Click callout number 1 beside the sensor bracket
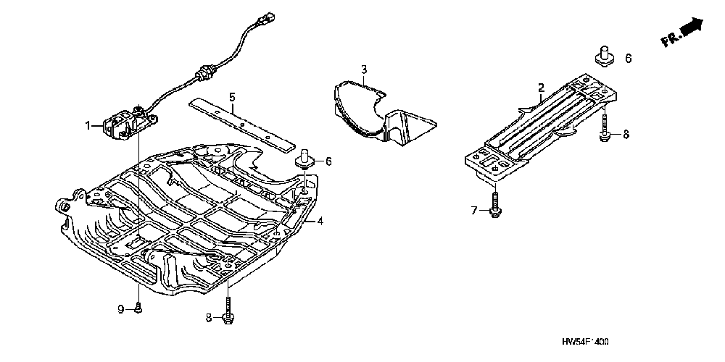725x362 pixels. pos(89,125)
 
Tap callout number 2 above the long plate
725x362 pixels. pos(541,88)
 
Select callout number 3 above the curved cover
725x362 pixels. pos(365,70)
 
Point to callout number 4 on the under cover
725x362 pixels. pos(320,220)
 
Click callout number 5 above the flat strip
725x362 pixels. pos(232,97)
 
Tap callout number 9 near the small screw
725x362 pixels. pos(121,309)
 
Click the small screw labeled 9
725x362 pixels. pos(138,308)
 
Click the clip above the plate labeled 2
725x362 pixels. pos(602,55)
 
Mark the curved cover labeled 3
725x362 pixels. pos(377,112)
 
